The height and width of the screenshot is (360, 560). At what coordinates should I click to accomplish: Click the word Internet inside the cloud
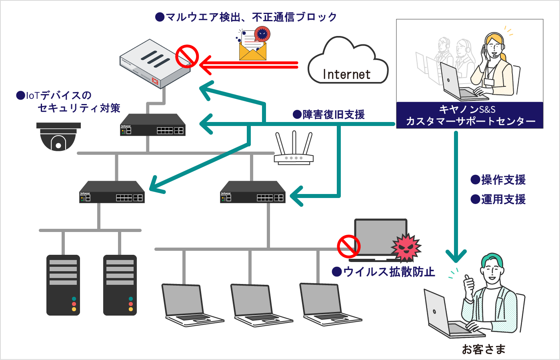click(x=346, y=74)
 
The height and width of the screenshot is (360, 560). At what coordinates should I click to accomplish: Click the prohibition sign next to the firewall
click(x=187, y=56)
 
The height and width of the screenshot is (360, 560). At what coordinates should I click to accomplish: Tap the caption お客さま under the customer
click(x=484, y=349)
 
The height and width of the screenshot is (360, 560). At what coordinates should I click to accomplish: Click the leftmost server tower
click(x=63, y=285)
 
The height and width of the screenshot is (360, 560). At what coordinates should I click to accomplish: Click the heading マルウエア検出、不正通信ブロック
click(x=246, y=17)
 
